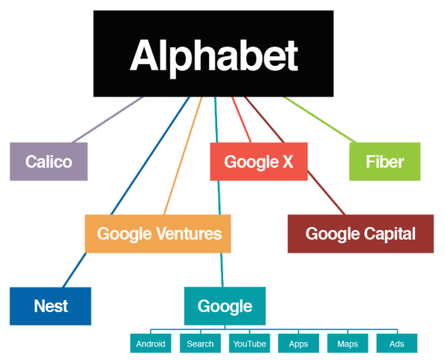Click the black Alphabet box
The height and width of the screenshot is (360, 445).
point(213,54)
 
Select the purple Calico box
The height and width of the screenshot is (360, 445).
point(49,162)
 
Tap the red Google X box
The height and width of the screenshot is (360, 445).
point(259,162)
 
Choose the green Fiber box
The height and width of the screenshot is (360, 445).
point(385,162)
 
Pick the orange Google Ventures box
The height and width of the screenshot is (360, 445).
point(158,234)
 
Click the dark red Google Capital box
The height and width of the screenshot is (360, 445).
point(360,234)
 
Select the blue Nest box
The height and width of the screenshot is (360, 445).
point(51,306)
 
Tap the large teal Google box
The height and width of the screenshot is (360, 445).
point(225,306)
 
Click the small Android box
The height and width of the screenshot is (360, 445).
point(150,344)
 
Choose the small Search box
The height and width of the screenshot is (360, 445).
point(200,344)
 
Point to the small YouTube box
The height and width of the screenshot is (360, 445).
point(250,344)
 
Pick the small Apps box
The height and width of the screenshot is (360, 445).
point(298,344)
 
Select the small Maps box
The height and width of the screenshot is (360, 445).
point(348,344)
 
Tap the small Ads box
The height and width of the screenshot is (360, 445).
point(396,344)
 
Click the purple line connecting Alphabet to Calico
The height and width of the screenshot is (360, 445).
point(108,120)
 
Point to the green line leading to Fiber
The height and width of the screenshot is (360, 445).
point(320,120)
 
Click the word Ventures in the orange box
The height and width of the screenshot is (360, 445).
point(189,234)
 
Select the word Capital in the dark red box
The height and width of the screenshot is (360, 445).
point(390,234)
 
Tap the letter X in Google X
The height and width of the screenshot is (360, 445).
point(288,162)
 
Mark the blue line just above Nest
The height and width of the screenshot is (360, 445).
point(75,270)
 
